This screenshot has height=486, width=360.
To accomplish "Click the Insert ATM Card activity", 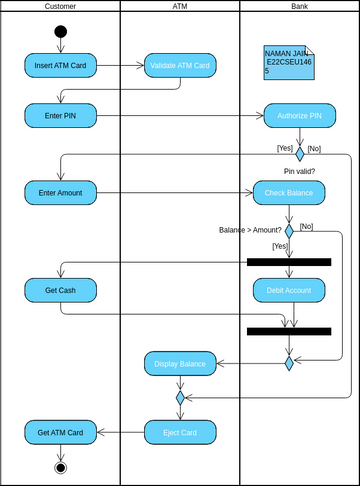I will pos(60,66).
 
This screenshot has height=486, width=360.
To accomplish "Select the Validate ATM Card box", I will pos(180,66).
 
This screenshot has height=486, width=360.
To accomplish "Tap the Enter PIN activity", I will pos(60,116).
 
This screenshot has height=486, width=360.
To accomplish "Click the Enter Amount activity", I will pos(60,191).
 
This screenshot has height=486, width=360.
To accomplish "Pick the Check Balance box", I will pos(289,191).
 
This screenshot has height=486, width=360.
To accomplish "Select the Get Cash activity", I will pos(60,290).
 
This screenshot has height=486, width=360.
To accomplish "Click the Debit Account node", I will pos(289,290).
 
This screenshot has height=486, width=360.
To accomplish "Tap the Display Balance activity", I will pos(180,364).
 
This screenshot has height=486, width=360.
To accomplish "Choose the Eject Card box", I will pos(180,432).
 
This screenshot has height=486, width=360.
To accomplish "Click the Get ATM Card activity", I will pos(60,432).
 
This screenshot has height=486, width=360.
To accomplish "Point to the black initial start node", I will pos(60,31).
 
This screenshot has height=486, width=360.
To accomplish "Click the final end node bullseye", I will pos(60,467).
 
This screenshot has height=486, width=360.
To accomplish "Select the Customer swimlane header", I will pos(60,6).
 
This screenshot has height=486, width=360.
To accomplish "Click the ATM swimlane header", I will pos(180,6).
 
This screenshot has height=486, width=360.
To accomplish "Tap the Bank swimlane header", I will pos(299,6).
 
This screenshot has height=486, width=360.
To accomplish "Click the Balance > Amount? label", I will pos(251,230).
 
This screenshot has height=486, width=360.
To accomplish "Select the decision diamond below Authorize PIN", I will pos(299,154).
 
